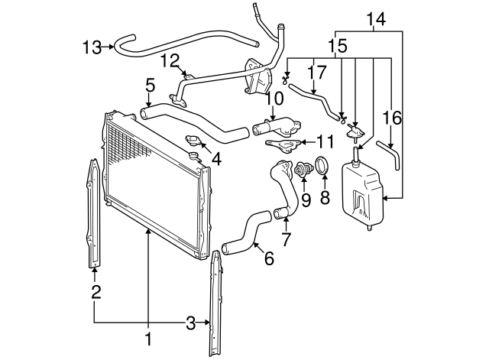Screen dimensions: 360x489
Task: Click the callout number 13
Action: [91, 47]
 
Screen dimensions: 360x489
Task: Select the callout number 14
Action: [376, 18]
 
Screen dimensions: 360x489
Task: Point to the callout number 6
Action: [268, 259]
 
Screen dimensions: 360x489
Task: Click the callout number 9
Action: [305, 201]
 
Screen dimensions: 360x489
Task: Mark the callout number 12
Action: [170, 60]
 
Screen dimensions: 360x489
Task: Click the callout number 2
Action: [96, 291]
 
